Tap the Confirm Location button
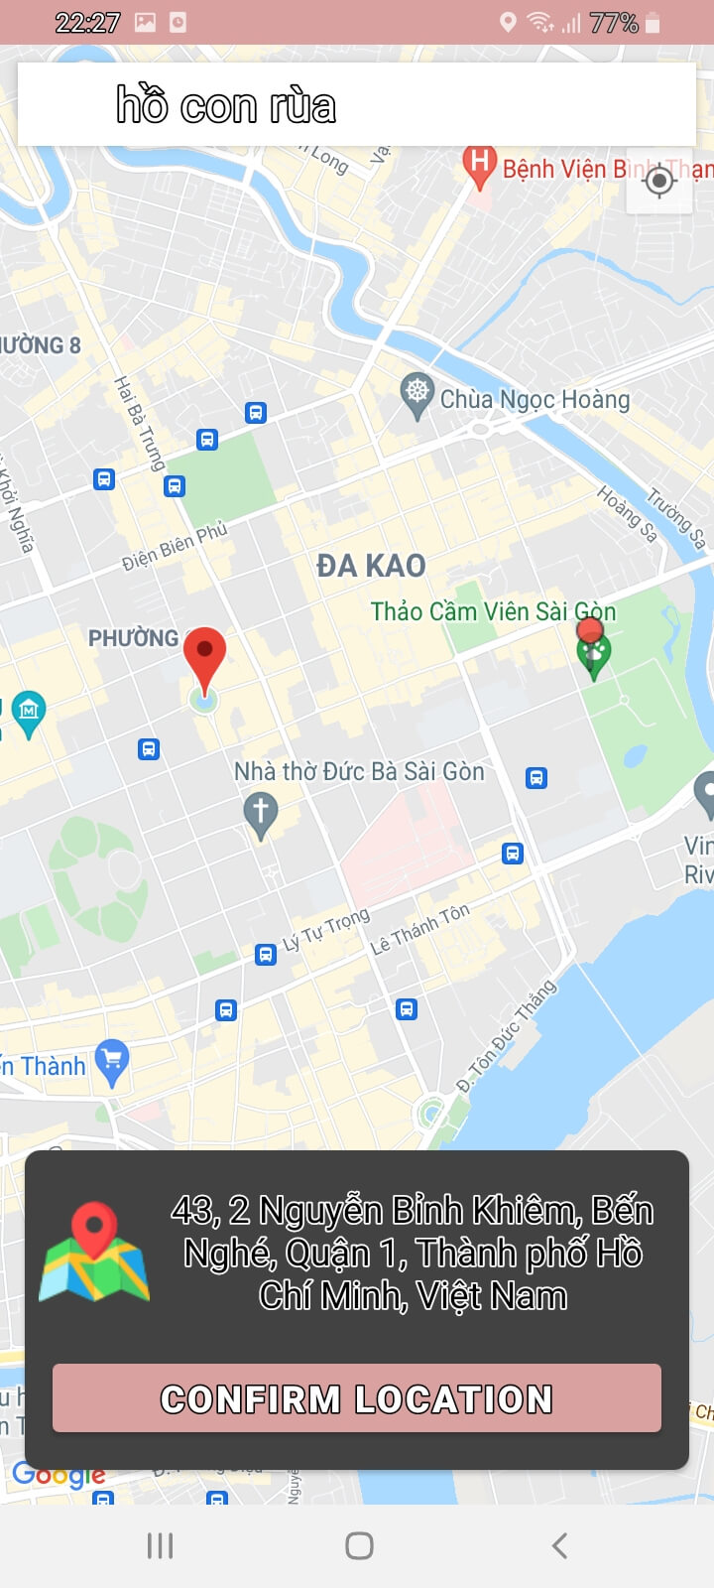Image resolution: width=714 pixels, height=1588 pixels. point(356,1397)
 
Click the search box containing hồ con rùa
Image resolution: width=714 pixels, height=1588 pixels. point(356,105)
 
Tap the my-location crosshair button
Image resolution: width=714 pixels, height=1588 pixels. point(659,181)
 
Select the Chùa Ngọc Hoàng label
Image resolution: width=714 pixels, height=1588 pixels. point(535,399)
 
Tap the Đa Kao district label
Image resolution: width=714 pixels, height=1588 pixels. point(371,566)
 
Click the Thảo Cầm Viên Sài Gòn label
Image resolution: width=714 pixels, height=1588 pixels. point(493,611)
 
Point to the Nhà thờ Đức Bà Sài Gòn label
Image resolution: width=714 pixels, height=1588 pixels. point(359,771)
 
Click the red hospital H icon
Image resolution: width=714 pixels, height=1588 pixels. point(480,164)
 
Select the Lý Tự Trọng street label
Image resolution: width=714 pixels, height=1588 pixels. point(326,929)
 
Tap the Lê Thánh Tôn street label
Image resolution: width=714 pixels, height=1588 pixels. point(419,929)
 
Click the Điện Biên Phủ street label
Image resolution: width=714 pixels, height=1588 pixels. point(175,546)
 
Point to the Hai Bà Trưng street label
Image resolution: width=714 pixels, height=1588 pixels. point(139,422)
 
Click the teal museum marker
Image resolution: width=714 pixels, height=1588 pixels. point(29,712)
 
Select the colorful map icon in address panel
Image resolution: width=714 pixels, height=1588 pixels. point(94,1253)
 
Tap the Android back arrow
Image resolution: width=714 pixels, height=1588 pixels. point(559,1545)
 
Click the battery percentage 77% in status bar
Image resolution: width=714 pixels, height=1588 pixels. point(613,23)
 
